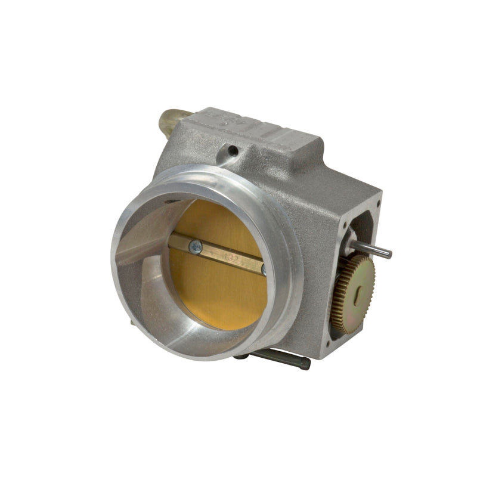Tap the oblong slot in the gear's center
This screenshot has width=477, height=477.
point(357,293)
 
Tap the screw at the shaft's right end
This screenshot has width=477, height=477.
point(264,270)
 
